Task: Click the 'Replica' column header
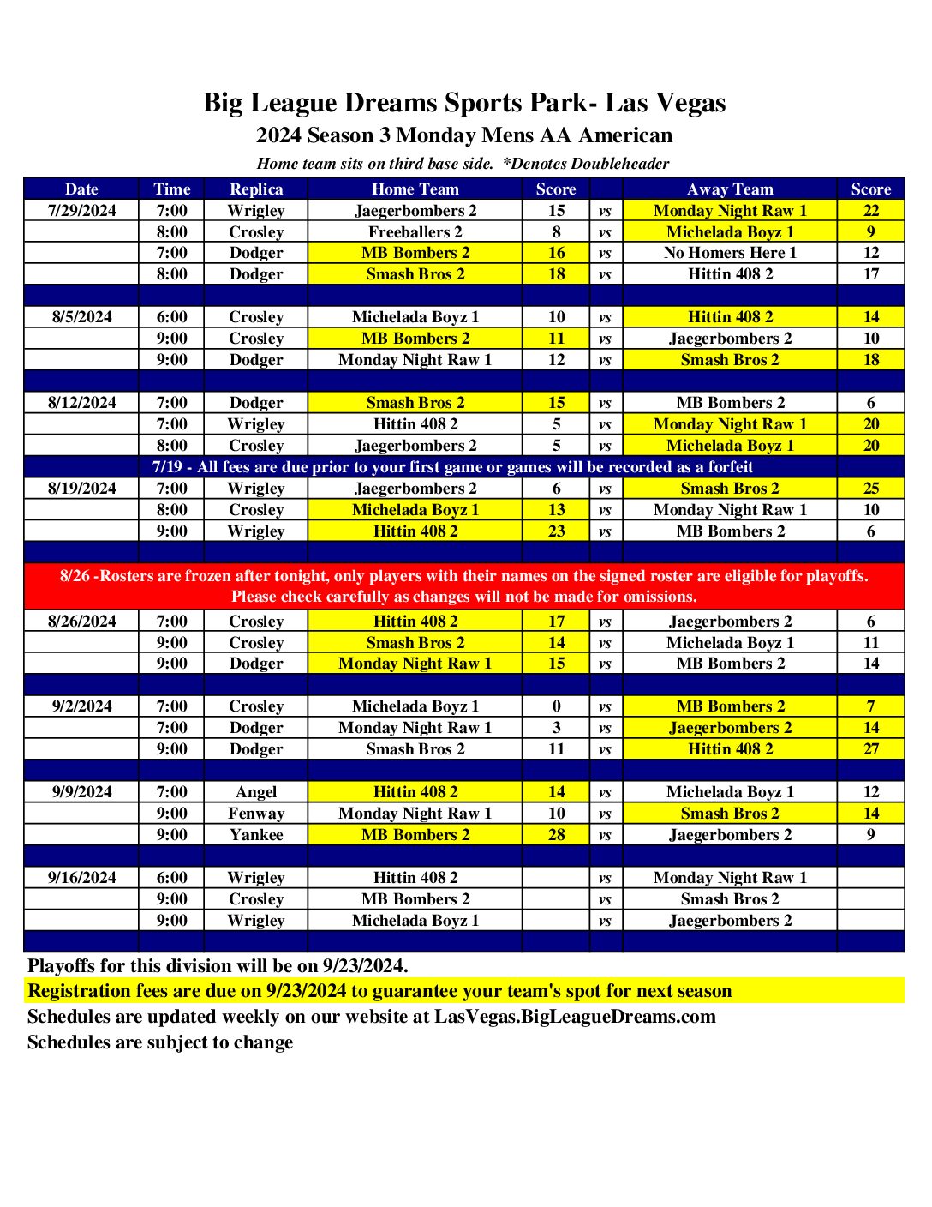[256, 189]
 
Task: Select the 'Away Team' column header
[730, 189]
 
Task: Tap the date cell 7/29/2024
[81, 211]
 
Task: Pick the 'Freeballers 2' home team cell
[415, 232]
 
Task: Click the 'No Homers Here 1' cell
[730, 253]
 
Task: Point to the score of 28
[556, 835]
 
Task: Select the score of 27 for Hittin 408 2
[870, 749]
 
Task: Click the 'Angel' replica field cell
[256, 792]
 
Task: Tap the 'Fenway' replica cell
[256, 814]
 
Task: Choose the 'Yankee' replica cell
[256, 835]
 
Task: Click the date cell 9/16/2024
[81, 878]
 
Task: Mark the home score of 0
[556, 706]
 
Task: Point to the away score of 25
[870, 489]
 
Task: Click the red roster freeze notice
[463, 586]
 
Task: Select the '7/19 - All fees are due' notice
[452, 467]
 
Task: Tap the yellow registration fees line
[379, 991]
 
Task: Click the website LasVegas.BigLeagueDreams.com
[575, 1017]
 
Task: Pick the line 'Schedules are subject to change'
[160, 1042]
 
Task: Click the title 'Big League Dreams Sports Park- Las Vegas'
[464, 103]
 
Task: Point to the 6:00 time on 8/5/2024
[171, 317]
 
